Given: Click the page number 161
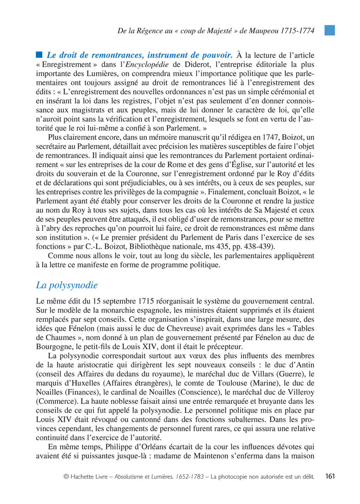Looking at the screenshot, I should (330, 476).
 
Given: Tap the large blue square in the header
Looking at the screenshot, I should (330, 30).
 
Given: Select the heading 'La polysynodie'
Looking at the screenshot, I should (66, 285).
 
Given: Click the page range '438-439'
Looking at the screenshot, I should (256, 246).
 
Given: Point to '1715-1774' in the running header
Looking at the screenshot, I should (298, 30).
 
